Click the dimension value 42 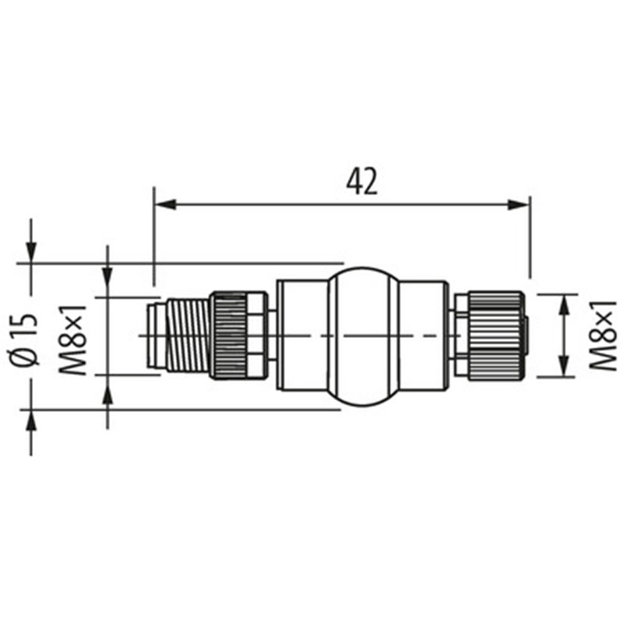(x=361, y=181)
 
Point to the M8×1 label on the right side (x=601, y=336)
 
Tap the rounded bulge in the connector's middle (x=364, y=336)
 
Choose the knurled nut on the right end (x=494, y=336)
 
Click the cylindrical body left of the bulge (x=303, y=336)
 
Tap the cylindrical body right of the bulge (x=424, y=336)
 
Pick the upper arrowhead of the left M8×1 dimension (x=107, y=287)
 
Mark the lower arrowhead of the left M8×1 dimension (x=107, y=385)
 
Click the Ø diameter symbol (x=26, y=355)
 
